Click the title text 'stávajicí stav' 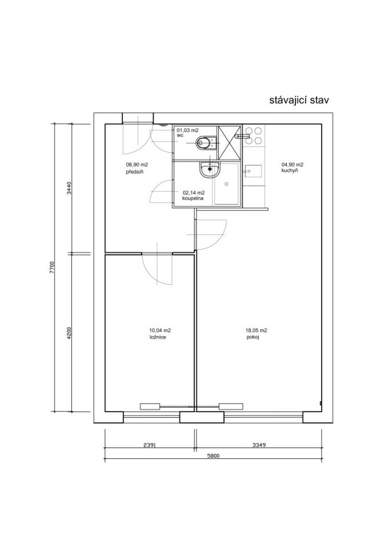click(x=299, y=101)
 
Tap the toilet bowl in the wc click(x=205, y=142)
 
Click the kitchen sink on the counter click(x=253, y=171)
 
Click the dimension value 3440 click(x=69, y=188)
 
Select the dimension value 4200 click(x=69, y=333)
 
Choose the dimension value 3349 click(x=259, y=445)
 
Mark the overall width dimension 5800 click(x=213, y=456)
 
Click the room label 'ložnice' click(x=158, y=337)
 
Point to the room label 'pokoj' click(x=253, y=337)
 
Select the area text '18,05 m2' click(x=256, y=330)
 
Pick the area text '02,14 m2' click(x=193, y=193)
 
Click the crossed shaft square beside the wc click(x=229, y=143)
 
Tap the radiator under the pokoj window click(x=231, y=406)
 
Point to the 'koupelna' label click(x=193, y=199)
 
